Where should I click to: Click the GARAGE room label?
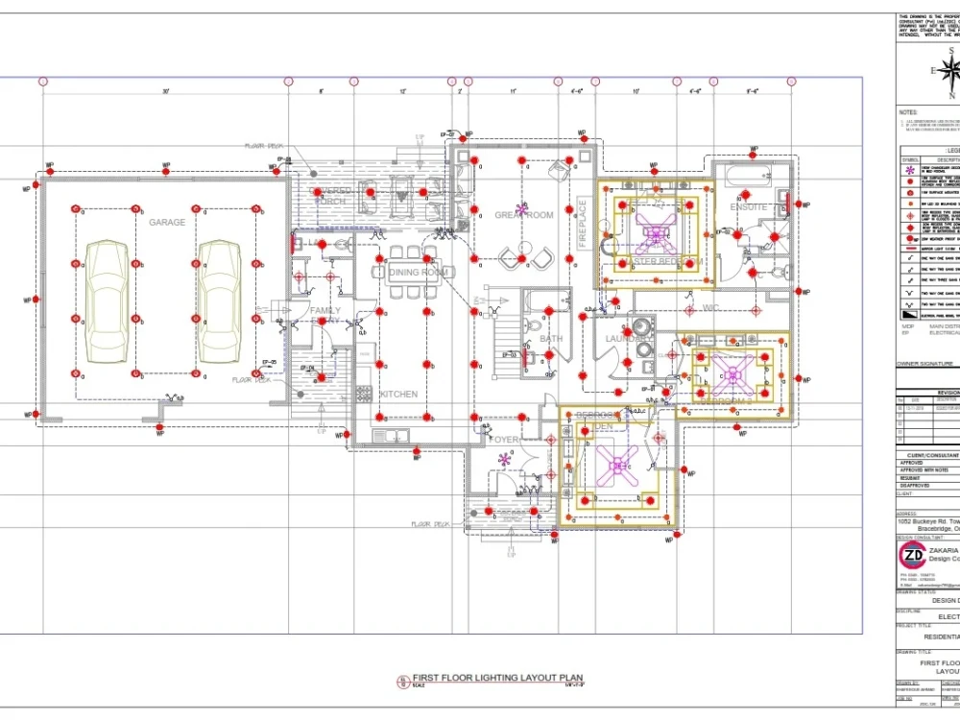(x=166, y=222)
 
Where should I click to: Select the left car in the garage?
(x=107, y=301)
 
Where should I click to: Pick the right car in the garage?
(x=220, y=301)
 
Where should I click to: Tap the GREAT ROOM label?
(x=524, y=215)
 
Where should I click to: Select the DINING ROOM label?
(x=420, y=273)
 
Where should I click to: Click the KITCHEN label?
(x=398, y=395)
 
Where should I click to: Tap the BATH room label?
(x=551, y=339)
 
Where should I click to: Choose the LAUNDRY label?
(x=625, y=339)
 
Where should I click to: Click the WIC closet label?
(x=710, y=308)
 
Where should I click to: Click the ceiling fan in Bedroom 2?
(x=732, y=374)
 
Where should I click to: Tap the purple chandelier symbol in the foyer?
(x=503, y=461)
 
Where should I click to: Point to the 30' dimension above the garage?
(x=165, y=92)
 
